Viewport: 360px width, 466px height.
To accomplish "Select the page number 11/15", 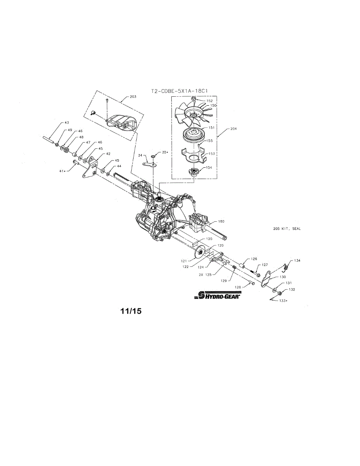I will pyautogui.click(x=131, y=311).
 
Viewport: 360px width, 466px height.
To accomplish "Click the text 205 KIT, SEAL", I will pyautogui.click(x=287, y=229).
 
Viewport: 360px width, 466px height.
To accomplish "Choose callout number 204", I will pyautogui.click(x=233, y=128).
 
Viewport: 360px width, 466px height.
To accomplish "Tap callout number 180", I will pyautogui.click(x=221, y=221).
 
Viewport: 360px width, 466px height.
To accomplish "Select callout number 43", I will pyautogui.click(x=66, y=123).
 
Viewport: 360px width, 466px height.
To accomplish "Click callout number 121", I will pyautogui.click(x=184, y=261).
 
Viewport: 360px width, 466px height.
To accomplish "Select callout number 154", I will pyautogui.click(x=209, y=167).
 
